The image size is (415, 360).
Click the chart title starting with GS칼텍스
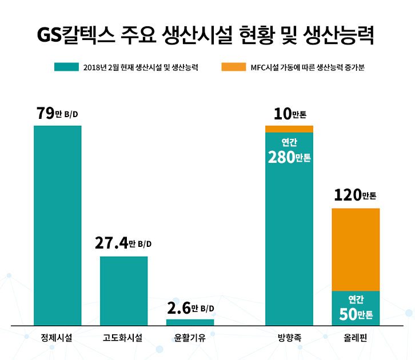coord(207,37)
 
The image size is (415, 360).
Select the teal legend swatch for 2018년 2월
coord(66,67)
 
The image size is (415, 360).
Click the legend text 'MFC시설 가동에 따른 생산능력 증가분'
coord(307,67)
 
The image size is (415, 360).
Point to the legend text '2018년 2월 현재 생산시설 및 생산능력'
coord(140,67)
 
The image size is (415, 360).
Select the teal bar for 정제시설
coord(57,225)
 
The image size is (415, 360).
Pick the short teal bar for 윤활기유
coord(190,322)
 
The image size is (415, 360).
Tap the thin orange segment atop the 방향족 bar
coord(289,129)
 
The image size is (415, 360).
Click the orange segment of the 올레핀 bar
coord(356,250)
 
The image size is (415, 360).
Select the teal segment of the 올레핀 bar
coord(356,309)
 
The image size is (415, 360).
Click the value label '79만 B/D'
coord(57,114)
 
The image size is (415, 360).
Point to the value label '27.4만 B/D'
coord(123,244)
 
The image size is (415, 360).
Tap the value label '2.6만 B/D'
coord(190,309)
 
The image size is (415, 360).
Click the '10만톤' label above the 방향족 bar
coord(289,114)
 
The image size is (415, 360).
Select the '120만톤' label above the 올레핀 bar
coord(356,197)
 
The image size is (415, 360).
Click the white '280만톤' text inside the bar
coord(289,157)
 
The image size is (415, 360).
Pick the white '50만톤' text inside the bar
coord(356,314)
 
